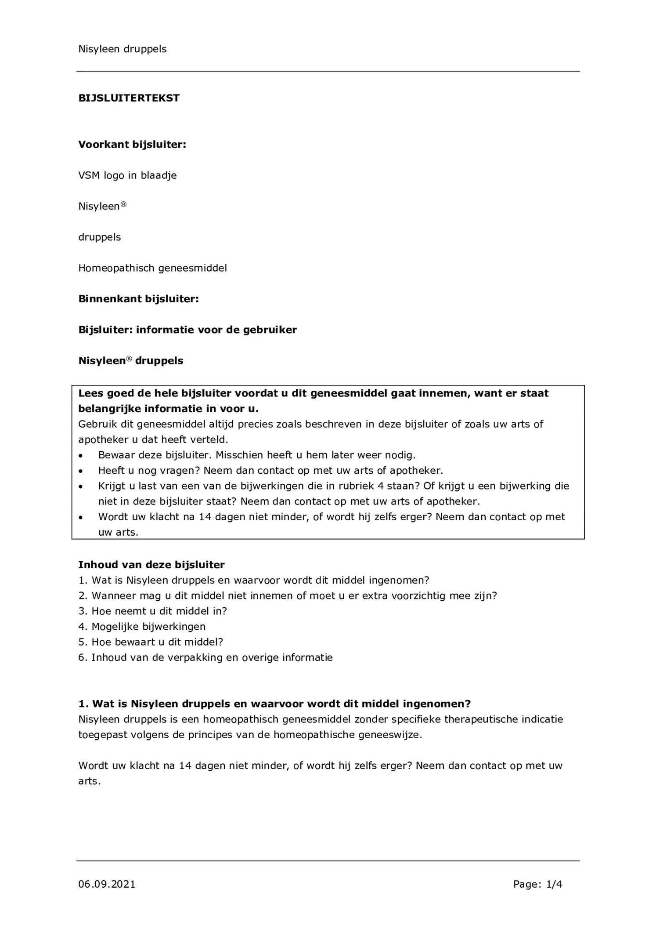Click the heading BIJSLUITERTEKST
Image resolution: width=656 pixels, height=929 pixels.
[129, 98]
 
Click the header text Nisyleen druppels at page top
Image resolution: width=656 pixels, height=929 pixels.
[123, 49]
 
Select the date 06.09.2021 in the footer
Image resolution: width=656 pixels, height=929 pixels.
[107, 884]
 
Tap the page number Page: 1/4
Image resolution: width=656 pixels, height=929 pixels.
[537, 884]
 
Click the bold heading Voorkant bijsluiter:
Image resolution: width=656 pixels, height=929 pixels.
[132, 145]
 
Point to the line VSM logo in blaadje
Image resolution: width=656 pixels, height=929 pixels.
[127, 175]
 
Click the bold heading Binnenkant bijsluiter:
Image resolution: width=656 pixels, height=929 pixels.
[138, 299]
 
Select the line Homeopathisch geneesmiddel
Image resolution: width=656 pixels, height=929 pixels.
[152, 268]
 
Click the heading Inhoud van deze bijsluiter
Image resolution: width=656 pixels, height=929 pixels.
[151, 565]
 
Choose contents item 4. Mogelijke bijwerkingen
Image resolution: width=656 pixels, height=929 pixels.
[142, 626]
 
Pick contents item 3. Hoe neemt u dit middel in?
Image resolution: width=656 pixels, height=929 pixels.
[152, 611]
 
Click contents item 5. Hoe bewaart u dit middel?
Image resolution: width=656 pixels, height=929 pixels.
[151, 642]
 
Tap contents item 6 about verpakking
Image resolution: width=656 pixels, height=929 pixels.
[205, 657]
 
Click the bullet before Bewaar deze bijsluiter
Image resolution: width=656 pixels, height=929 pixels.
[81, 455]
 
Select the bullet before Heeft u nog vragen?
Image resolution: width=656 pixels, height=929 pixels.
[81, 471]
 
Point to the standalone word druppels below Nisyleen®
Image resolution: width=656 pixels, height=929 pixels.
[100, 237]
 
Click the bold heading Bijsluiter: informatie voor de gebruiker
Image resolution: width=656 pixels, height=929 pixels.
[187, 330]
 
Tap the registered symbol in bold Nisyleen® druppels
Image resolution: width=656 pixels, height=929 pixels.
[129, 359]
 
